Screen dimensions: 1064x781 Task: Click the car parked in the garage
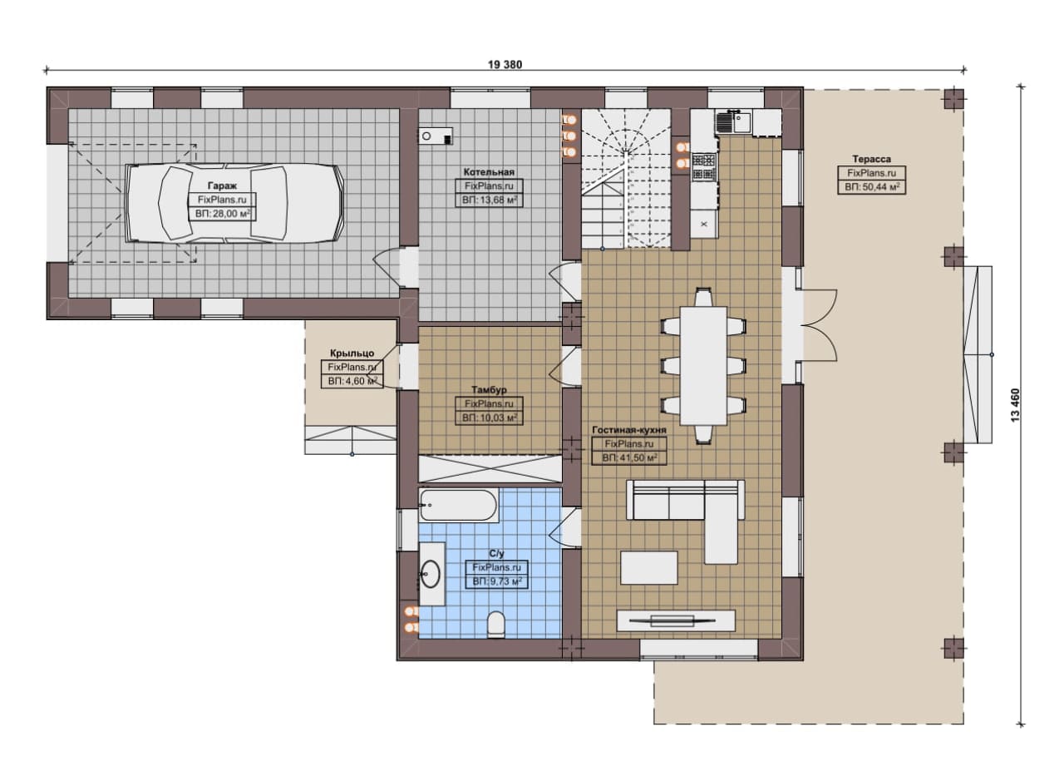point(234,204)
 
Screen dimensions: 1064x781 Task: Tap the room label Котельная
point(489,172)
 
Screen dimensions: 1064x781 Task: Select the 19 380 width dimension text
point(505,65)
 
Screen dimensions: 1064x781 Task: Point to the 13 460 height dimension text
point(1016,405)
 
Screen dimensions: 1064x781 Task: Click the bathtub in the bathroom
point(458,506)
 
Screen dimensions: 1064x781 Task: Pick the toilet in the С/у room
point(496,625)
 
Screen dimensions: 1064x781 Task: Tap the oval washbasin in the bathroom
point(431,574)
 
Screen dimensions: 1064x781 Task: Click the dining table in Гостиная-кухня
point(703,365)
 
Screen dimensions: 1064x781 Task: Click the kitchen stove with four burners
point(704,167)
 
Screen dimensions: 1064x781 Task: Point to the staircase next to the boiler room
point(626,179)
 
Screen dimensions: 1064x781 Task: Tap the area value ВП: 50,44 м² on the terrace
point(872,187)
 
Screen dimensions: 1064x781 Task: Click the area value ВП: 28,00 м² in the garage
point(222,214)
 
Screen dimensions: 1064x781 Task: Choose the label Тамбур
point(489,390)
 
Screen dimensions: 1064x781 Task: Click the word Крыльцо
point(352,353)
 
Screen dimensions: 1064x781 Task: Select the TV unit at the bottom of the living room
point(676,620)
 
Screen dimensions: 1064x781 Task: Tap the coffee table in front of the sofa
point(649,567)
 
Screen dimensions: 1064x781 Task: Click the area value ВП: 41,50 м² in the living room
point(630,458)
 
